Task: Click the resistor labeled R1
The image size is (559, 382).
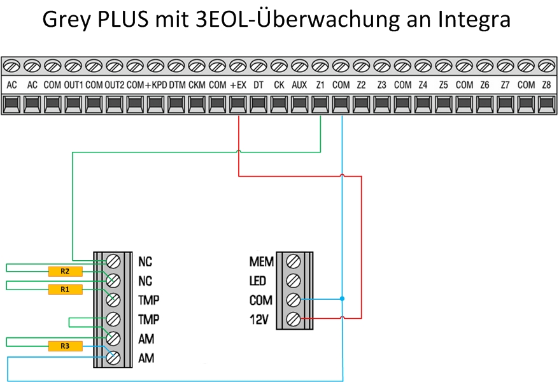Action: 66,290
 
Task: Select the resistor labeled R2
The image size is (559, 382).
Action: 66,271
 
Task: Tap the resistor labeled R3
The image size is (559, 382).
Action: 66,347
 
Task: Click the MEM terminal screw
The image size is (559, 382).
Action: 294,261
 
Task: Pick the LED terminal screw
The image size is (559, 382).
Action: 294,280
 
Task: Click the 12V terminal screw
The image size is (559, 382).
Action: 294,318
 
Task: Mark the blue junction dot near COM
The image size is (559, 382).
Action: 342,298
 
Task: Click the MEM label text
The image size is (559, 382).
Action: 261,261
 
